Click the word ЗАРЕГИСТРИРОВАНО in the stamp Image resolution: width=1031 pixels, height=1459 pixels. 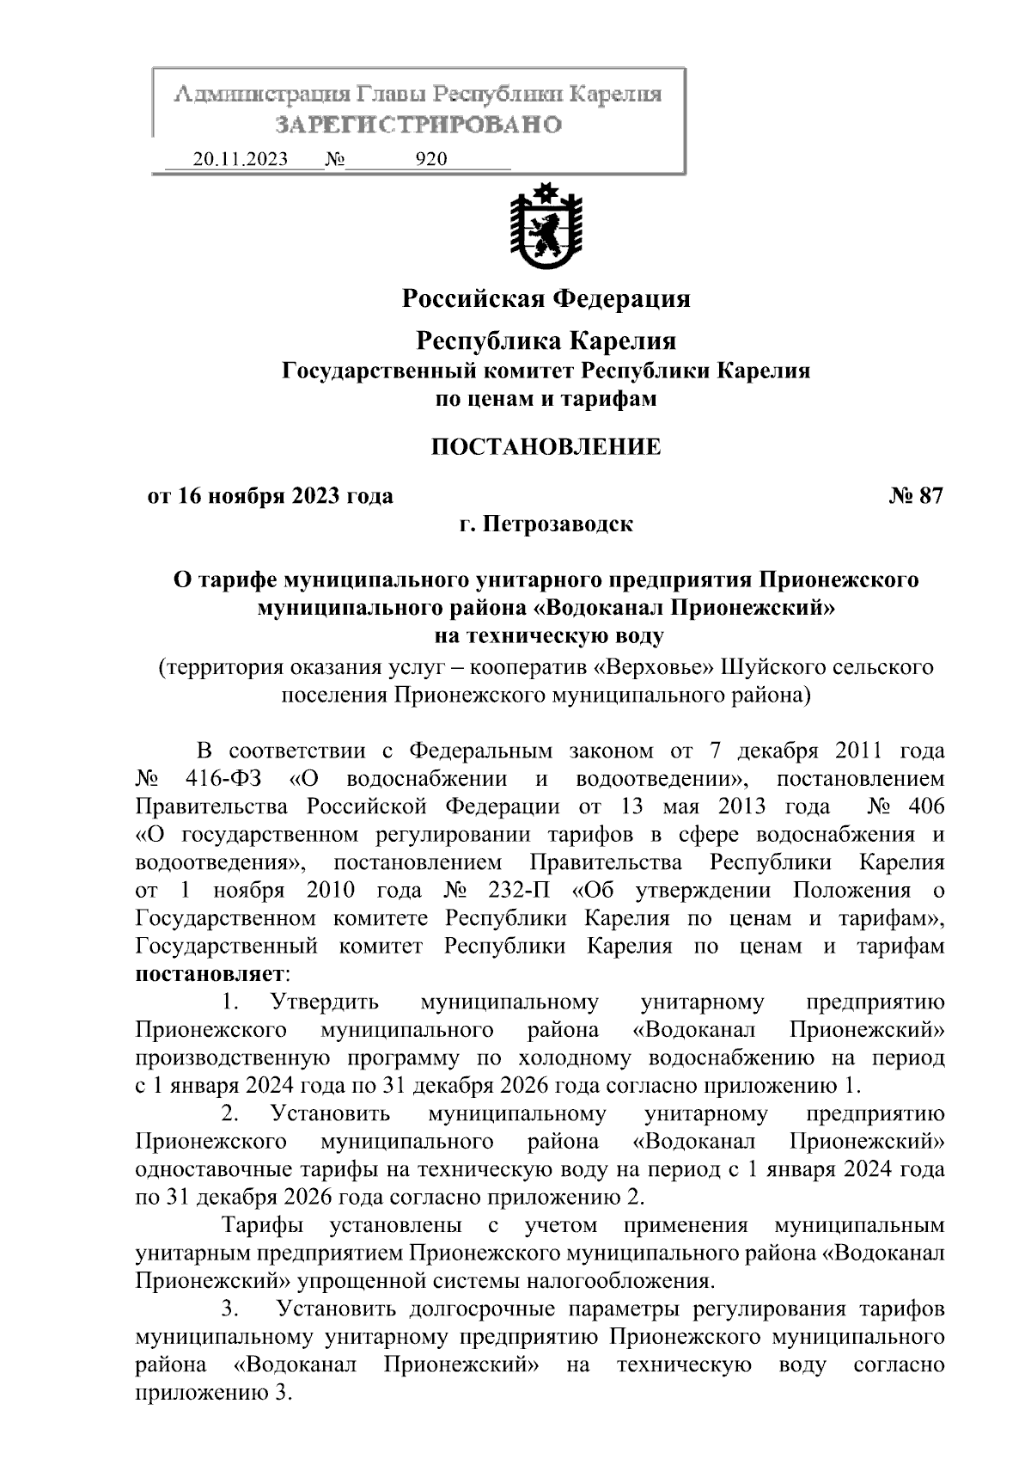click(x=418, y=125)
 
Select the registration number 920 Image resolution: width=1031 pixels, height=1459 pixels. click(x=430, y=159)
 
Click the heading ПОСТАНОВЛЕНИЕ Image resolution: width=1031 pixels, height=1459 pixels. click(x=546, y=447)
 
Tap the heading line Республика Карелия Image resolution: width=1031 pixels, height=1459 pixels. click(x=546, y=341)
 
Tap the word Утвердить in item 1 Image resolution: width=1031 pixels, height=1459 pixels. click(x=324, y=1002)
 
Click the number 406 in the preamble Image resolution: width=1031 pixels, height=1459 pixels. click(x=925, y=806)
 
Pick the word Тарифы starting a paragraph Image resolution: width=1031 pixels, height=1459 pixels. click(x=261, y=1224)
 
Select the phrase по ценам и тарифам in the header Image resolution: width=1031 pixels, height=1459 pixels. click(x=546, y=399)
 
